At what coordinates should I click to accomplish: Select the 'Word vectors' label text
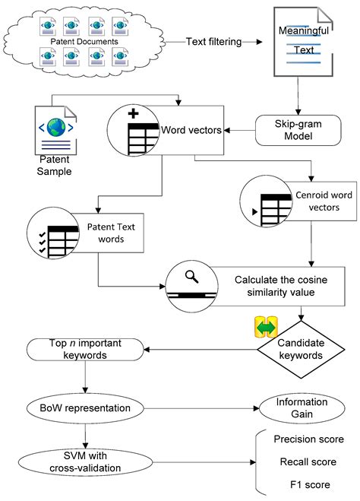(x=191, y=130)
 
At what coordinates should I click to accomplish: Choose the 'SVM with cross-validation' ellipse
(x=86, y=461)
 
